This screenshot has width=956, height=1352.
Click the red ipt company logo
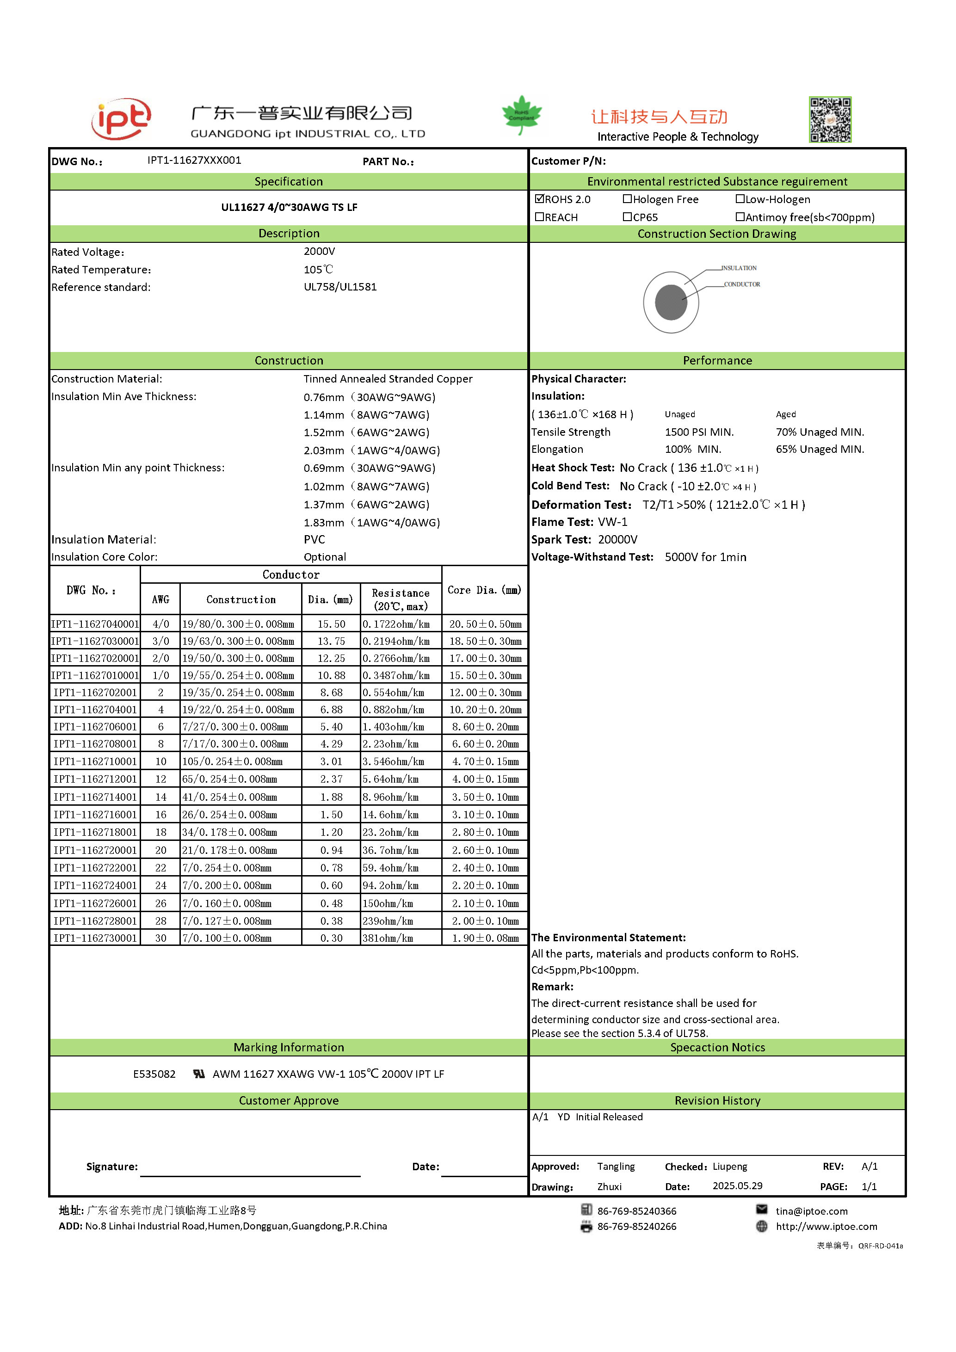[x=121, y=119]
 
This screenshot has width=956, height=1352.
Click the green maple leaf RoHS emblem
[x=522, y=114]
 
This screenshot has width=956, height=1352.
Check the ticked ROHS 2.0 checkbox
[x=539, y=198]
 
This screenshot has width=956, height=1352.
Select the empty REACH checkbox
[x=539, y=216]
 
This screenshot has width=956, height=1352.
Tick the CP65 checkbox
[x=627, y=216]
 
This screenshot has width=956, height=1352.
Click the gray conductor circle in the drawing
[x=671, y=302]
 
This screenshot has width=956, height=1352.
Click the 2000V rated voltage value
[x=319, y=252]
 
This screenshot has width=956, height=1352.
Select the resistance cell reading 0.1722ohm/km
[x=396, y=624]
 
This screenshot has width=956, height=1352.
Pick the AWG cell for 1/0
[x=160, y=675]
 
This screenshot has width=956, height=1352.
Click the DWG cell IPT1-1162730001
[x=95, y=938]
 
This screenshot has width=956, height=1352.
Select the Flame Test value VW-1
[x=612, y=522]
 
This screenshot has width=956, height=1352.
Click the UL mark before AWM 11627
[x=199, y=1074]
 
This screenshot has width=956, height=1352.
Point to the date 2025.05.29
[x=737, y=1185]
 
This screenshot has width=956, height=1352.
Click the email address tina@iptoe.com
[x=811, y=1210]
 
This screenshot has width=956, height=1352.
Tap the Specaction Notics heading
[x=717, y=1047]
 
